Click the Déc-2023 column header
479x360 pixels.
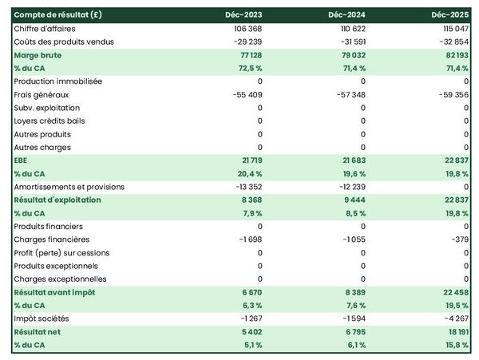click(x=245, y=15)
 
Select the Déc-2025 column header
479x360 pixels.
click(x=452, y=15)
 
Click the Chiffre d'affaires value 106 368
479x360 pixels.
click(x=244, y=29)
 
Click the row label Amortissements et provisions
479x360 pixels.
click(x=69, y=187)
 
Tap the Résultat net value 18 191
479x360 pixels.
click(x=454, y=331)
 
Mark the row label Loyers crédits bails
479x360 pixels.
click(x=50, y=121)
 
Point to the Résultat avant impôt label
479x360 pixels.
click(x=55, y=292)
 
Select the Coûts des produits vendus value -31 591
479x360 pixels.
click(x=347, y=42)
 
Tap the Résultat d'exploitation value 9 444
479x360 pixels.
click(x=352, y=200)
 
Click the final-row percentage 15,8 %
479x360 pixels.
click(x=454, y=345)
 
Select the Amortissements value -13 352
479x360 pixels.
click(x=244, y=187)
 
